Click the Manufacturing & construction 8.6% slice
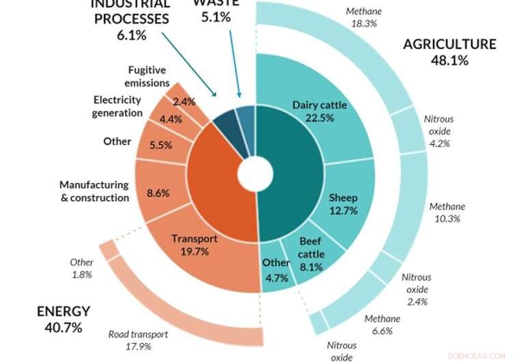click(158, 193)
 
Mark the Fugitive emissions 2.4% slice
click(184, 101)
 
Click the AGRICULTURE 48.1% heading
click(449, 52)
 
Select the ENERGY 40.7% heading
click(64, 319)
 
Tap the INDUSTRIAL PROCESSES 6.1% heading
click(130, 19)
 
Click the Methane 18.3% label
click(364, 17)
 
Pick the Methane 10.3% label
click(447, 212)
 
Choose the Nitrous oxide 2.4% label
click(416, 289)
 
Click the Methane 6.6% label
click(382, 325)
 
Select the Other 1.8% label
click(81, 268)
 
